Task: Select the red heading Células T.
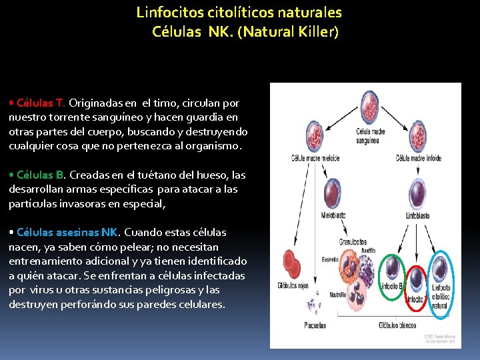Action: click(x=41, y=103)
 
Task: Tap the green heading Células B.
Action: click(x=40, y=175)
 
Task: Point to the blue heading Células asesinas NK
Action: click(x=67, y=233)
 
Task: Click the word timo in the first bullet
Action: click(x=163, y=103)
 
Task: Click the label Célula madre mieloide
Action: click(x=316, y=158)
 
